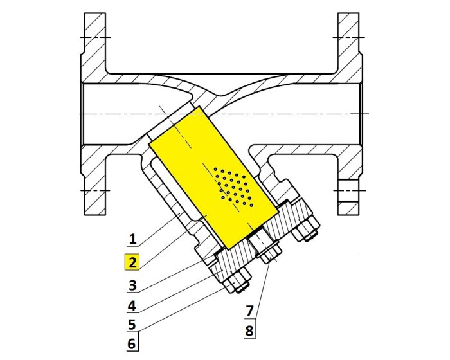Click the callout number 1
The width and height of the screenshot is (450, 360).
point(132,240)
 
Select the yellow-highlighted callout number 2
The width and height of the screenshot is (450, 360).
point(132,262)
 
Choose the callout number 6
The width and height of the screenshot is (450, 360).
point(132,344)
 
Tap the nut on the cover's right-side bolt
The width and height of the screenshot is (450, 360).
point(307,228)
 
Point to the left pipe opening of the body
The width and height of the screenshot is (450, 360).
point(87,113)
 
